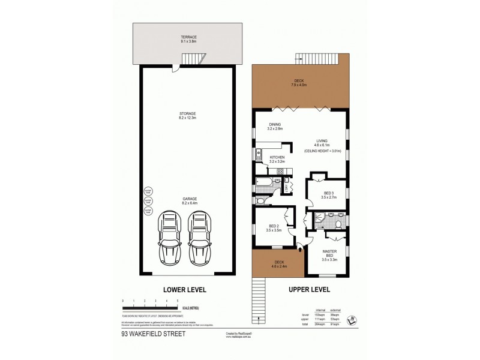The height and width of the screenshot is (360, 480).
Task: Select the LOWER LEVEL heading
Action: point(187,290)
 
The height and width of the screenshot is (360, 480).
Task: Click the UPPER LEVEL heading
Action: point(310,290)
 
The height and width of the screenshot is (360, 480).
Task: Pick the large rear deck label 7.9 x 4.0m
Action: point(299,83)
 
